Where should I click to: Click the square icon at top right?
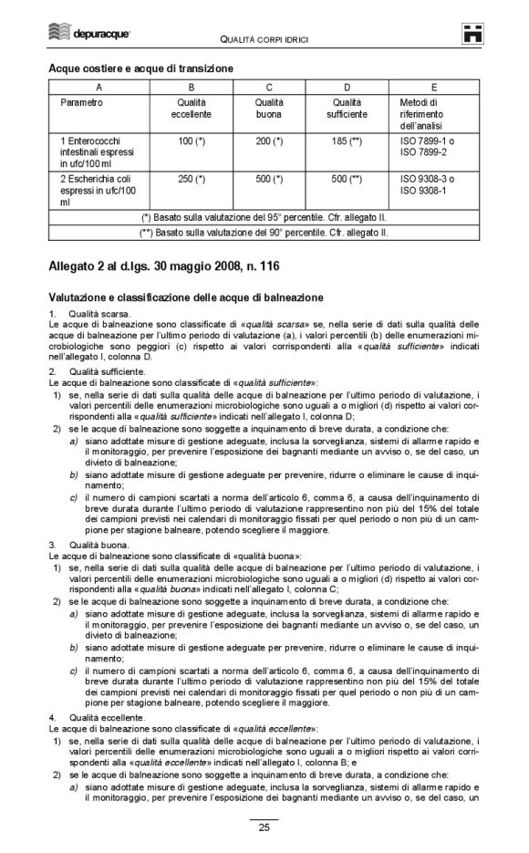(472, 33)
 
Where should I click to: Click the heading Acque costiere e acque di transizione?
(140, 68)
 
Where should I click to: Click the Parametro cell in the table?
(81, 102)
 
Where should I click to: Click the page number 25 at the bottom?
(264, 828)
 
